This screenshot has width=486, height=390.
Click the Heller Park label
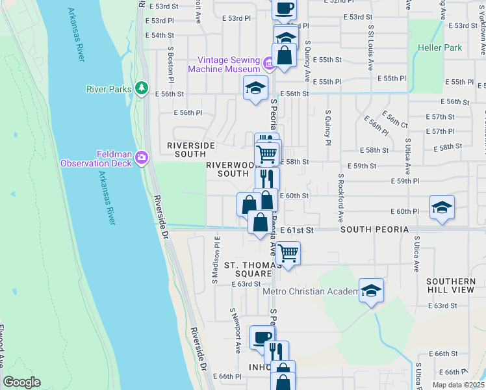point(440,47)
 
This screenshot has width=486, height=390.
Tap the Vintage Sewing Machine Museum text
point(224,64)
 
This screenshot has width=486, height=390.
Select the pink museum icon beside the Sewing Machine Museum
point(268,64)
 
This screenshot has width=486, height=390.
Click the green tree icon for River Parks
point(141,88)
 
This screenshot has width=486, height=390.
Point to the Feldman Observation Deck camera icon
point(141,157)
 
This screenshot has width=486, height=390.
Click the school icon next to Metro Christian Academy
point(371,290)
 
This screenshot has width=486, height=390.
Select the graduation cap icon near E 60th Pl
point(442,207)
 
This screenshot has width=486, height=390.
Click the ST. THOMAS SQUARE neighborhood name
point(247,269)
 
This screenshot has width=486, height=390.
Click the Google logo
point(21,382)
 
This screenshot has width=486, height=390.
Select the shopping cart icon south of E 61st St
point(288,252)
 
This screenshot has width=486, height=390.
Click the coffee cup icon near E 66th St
point(262,337)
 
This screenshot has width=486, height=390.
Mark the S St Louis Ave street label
point(370,49)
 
